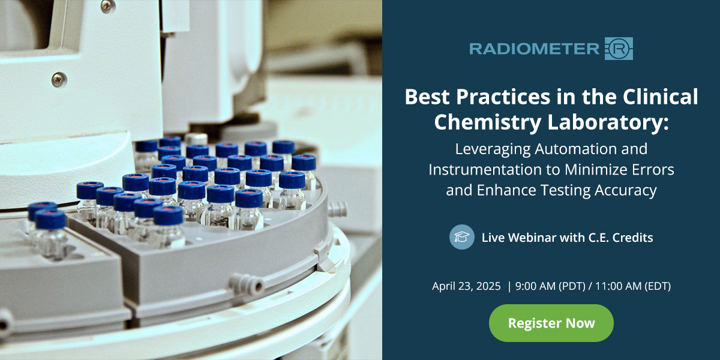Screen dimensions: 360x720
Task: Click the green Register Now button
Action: (551, 323)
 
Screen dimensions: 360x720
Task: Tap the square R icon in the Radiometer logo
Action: (619, 49)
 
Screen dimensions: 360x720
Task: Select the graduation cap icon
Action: (461, 237)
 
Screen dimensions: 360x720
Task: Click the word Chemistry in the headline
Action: (481, 121)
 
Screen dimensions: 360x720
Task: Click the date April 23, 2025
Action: (466, 286)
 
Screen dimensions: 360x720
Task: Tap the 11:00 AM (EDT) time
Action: (630, 286)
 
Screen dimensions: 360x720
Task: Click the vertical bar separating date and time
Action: (509, 286)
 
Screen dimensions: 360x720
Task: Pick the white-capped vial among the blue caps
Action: (196, 139)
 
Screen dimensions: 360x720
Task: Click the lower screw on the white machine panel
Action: (59, 79)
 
